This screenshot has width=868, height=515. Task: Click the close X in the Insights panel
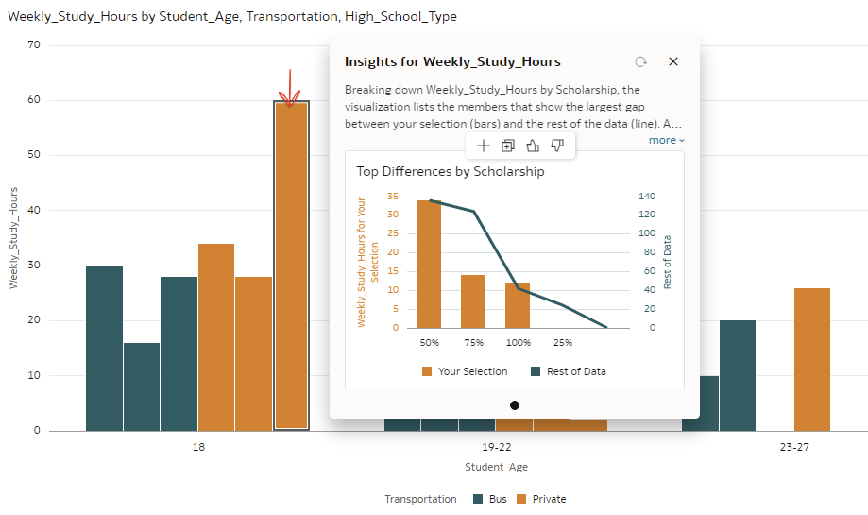click(x=673, y=61)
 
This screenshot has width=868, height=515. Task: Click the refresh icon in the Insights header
click(x=640, y=62)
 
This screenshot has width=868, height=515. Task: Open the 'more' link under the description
click(x=666, y=140)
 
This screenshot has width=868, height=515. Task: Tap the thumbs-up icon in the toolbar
click(x=533, y=146)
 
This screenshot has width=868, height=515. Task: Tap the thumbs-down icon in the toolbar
click(x=557, y=146)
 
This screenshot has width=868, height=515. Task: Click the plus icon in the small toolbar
click(x=483, y=146)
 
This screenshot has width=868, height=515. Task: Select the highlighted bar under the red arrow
click(x=291, y=265)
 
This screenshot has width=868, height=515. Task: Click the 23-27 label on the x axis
click(x=794, y=447)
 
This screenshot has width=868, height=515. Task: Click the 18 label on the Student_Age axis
click(x=198, y=447)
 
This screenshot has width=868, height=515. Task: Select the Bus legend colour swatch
click(x=478, y=499)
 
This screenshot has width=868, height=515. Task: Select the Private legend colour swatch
click(x=521, y=499)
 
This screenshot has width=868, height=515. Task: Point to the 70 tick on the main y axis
click(x=34, y=45)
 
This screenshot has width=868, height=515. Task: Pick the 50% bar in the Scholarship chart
click(x=429, y=265)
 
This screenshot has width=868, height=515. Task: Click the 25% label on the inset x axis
click(x=562, y=343)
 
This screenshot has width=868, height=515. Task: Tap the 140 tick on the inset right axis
click(x=647, y=196)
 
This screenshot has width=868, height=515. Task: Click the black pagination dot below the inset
click(x=515, y=405)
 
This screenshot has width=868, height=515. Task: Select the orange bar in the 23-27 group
click(x=812, y=359)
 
